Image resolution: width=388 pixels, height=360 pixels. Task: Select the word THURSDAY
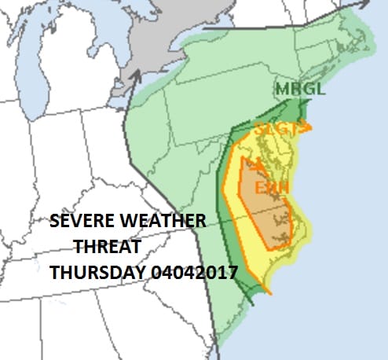tap(95, 273)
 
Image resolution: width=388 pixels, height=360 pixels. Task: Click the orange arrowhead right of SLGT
tap(307, 127)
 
